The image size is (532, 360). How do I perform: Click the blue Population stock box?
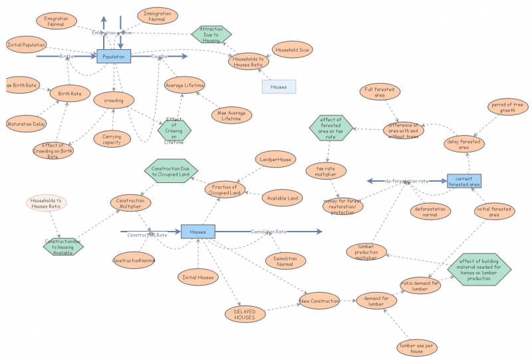coord(114,57)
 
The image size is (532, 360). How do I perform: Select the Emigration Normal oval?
coord(57,21)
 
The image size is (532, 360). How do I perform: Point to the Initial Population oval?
coord(26,45)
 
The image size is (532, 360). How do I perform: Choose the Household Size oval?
coord(292,50)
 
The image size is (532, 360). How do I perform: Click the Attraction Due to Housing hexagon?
coord(211,35)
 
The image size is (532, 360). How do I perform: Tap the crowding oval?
coord(114,100)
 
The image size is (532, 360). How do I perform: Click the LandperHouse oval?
coord(275,159)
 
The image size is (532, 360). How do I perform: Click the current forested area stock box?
coord(464,180)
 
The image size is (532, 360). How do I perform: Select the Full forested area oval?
coord(380,92)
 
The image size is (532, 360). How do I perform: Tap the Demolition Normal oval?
coord(285,260)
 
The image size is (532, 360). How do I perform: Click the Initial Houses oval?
coord(198,277)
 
